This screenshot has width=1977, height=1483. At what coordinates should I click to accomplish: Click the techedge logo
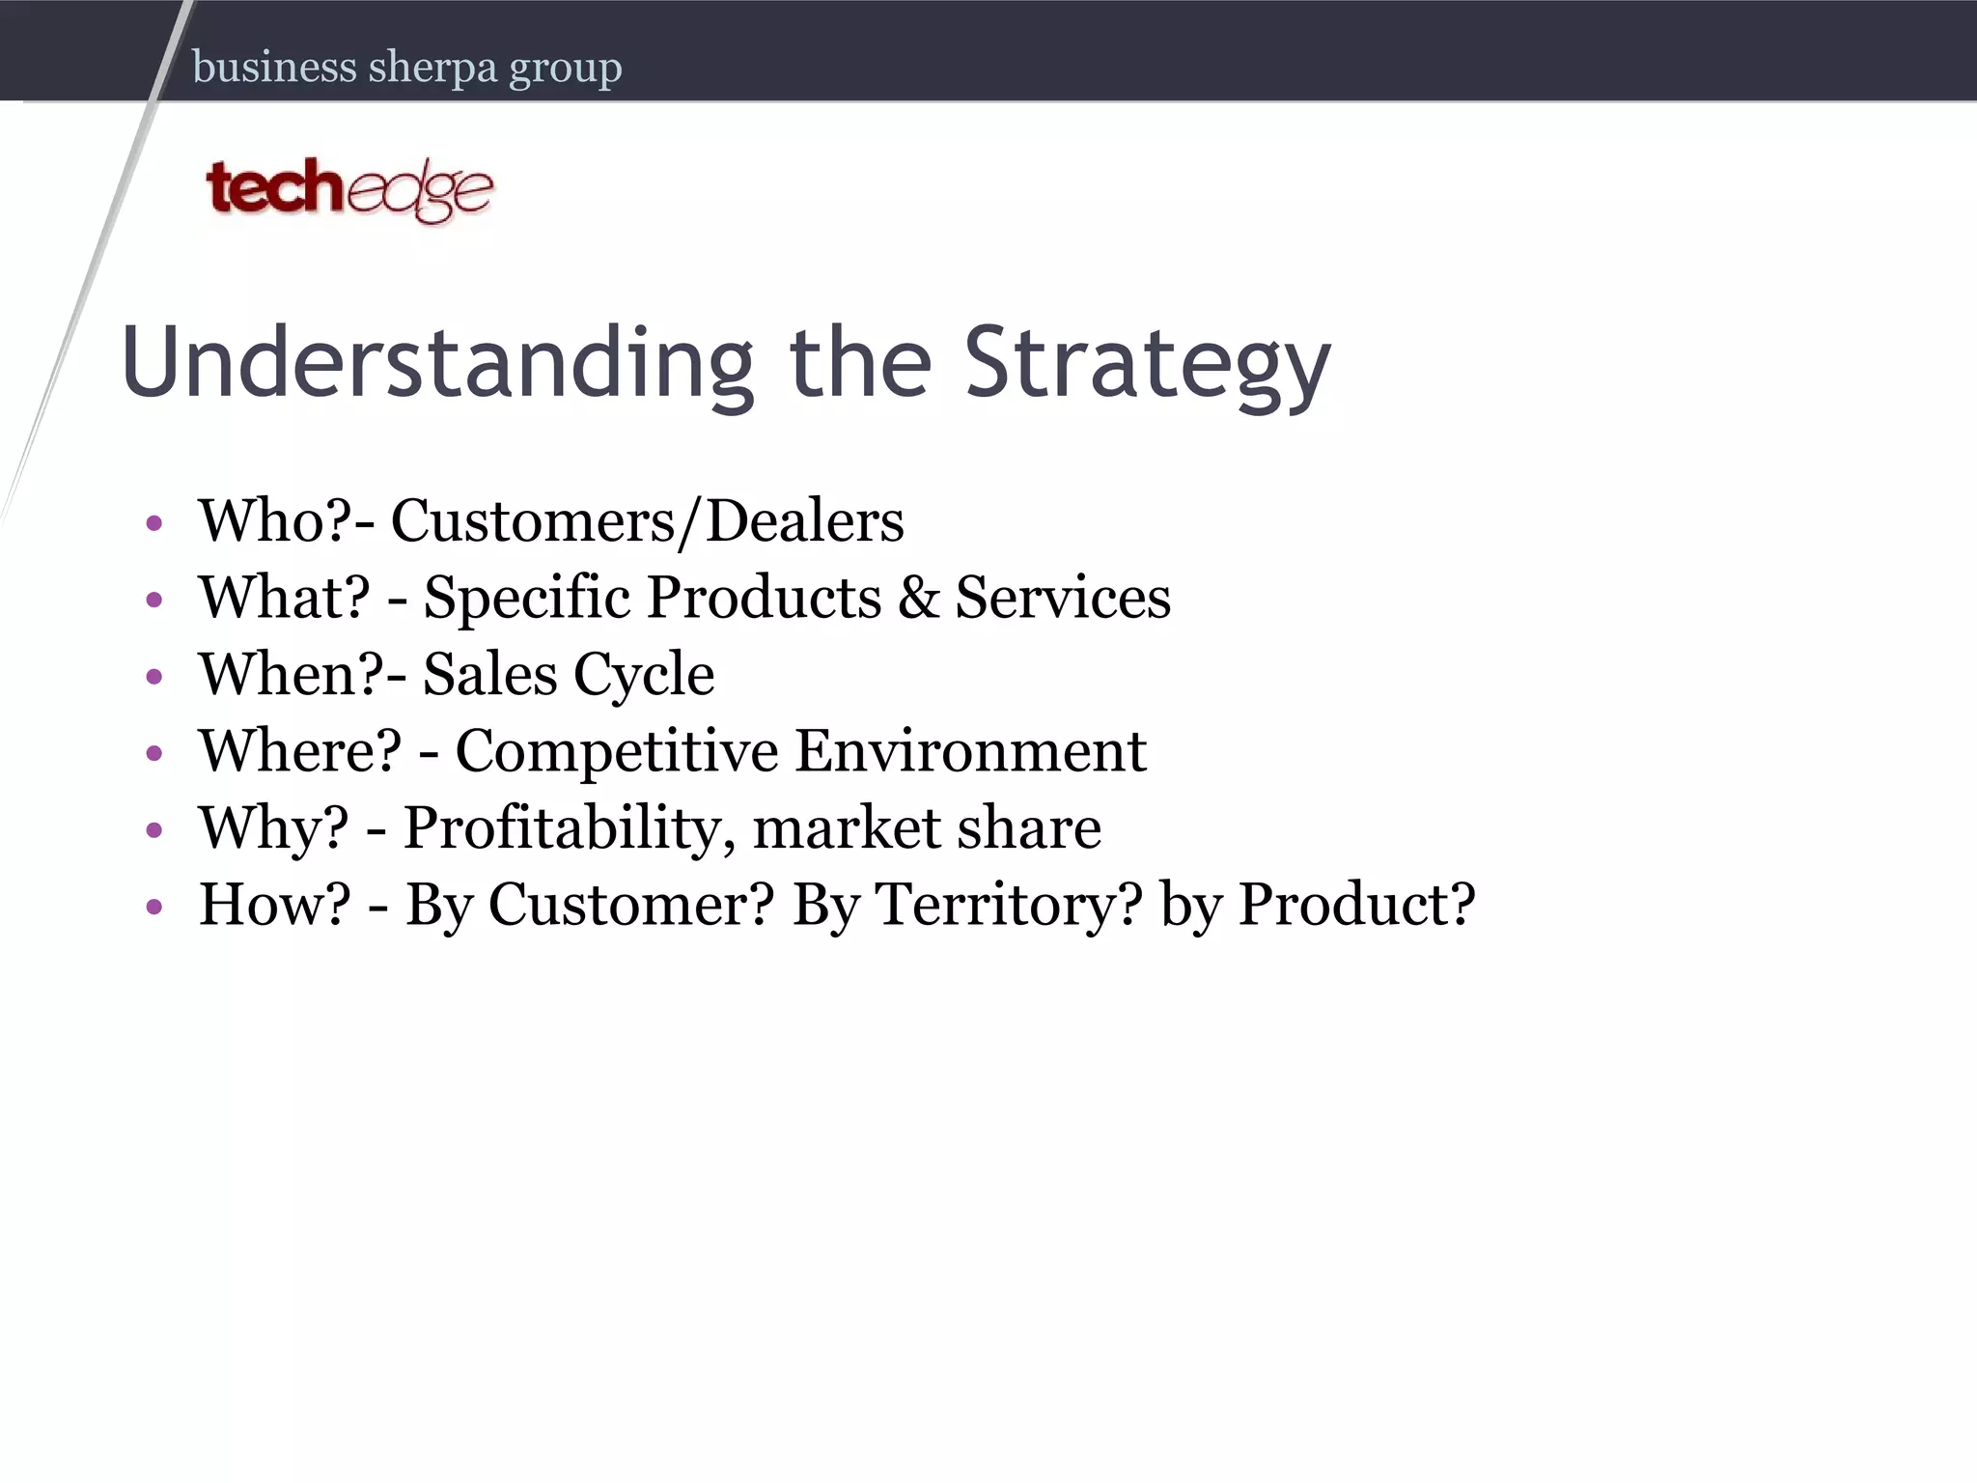(x=349, y=190)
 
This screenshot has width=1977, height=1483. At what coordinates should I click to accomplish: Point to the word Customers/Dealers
(x=647, y=521)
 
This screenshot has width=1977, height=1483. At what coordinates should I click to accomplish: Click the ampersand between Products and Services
(x=918, y=598)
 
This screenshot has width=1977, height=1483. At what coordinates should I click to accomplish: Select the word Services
(x=1063, y=598)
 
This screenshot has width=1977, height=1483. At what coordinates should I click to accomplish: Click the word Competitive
(x=616, y=751)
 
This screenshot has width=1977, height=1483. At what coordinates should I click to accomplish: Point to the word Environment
(x=970, y=751)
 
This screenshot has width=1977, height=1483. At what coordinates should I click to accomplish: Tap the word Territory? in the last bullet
(x=1009, y=905)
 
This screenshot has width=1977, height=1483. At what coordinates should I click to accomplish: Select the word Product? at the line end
(x=1356, y=905)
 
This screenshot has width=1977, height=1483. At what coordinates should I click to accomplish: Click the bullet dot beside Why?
(x=154, y=829)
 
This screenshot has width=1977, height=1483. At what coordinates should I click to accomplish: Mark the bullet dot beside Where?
(x=154, y=753)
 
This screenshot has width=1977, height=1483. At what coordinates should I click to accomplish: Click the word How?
(x=274, y=905)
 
